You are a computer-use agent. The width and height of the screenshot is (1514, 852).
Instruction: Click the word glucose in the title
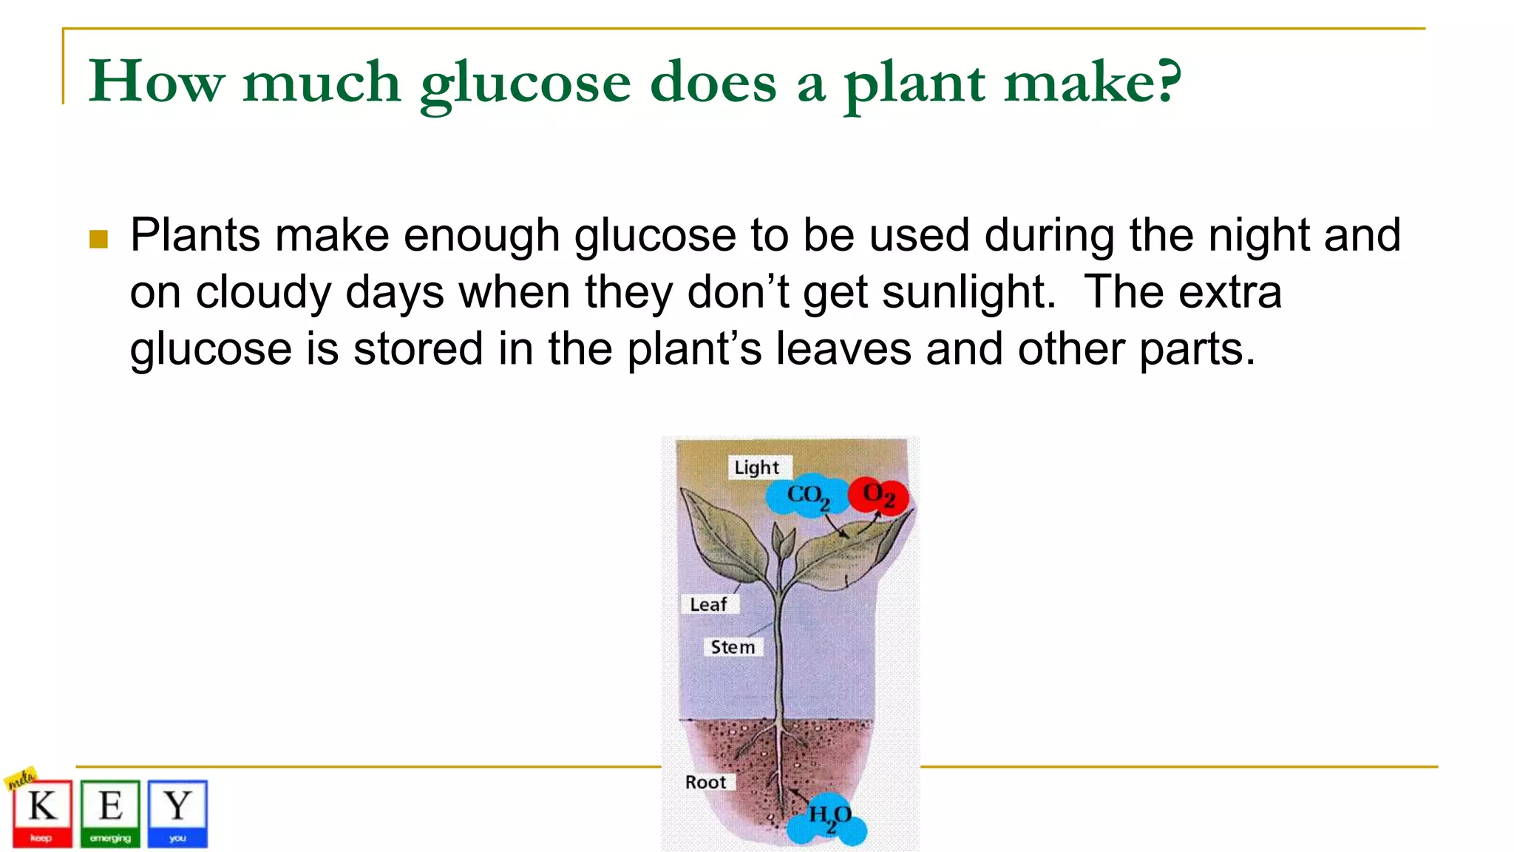pyautogui.click(x=525, y=83)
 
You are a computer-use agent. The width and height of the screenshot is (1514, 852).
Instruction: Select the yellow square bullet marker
pyautogui.click(x=98, y=239)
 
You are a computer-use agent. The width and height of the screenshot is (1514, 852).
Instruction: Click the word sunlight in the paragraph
pyautogui.click(x=968, y=291)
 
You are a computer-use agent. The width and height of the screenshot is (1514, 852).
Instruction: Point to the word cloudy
pyautogui.click(x=263, y=293)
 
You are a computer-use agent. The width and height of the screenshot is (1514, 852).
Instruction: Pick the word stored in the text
pyautogui.click(x=418, y=348)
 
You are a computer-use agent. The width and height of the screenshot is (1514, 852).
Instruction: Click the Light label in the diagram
pyautogui.click(x=756, y=467)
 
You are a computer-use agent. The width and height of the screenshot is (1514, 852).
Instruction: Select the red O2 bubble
pyautogui.click(x=878, y=494)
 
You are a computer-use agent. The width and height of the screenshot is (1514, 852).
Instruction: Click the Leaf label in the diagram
pyautogui.click(x=708, y=604)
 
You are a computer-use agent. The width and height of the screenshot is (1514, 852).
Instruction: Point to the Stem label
pyautogui.click(x=733, y=647)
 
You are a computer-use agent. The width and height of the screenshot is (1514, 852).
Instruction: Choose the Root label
pyautogui.click(x=705, y=782)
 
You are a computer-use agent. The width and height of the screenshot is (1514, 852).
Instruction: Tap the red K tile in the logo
pyautogui.click(x=42, y=813)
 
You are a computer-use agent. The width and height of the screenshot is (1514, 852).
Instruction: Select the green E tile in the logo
pyautogui.click(x=110, y=813)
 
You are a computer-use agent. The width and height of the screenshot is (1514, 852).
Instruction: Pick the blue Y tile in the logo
pyautogui.click(x=177, y=813)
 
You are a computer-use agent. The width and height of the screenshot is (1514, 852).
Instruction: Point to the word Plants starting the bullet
pyautogui.click(x=195, y=236)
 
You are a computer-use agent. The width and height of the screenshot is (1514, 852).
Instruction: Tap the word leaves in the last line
pyautogui.click(x=843, y=348)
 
